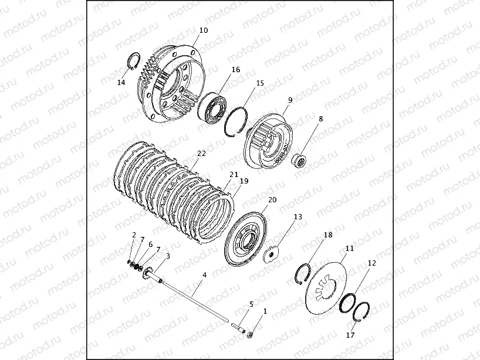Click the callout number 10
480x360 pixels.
coord(204,30)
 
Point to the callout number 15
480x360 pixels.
coord(260,83)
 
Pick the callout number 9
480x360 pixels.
coord(290,100)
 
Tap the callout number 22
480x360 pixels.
coord(202,153)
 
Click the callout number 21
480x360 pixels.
coord(234,175)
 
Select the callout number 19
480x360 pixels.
coord(244,181)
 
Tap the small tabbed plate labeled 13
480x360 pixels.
coord(271,254)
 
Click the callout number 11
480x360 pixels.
coord(350,249)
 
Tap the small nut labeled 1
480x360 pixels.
coord(250,335)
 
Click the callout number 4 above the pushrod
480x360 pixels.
coord(204,275)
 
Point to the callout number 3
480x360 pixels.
coord(168,256)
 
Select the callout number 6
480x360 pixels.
coord(150,244)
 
